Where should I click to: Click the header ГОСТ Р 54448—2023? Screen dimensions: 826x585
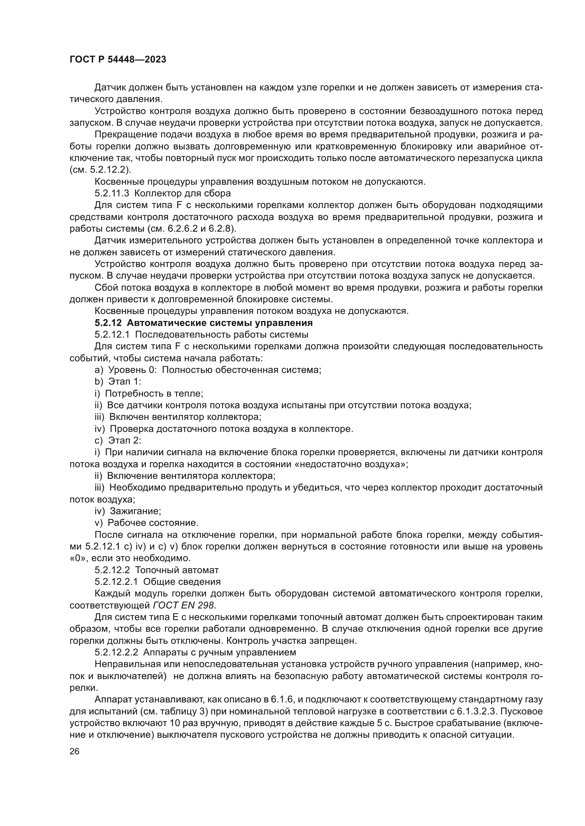tap(118, 60)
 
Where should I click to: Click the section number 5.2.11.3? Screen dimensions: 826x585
tap(112, 193)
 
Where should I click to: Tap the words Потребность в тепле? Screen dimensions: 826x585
tap(154, 393)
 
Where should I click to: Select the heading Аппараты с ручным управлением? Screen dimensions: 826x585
tap(220, 652)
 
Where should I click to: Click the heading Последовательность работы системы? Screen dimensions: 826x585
tap(221, 334)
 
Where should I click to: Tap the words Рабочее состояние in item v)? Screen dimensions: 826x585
tap(153, 523)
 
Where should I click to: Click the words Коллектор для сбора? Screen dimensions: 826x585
tap(183, 193)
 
